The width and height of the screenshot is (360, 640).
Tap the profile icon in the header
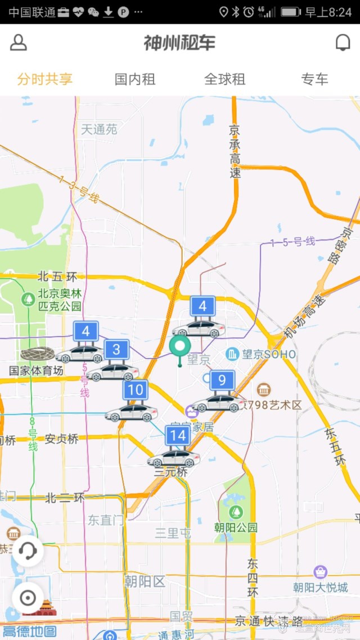click(x=19, y=43)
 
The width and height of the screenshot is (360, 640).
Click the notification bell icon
click(x=343, y=43)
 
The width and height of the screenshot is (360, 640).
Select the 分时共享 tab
click(x=45, y=79)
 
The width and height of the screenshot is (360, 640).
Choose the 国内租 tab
click(x=135, y=79)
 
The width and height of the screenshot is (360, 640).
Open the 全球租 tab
click(x=225, y=79)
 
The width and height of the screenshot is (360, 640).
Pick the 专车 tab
click(x=314, y=79)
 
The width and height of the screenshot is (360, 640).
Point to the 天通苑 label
click(x=99, y=129)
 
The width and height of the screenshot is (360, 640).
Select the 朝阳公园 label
click(x=236, y=527)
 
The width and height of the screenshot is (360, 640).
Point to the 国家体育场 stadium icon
click(x=37, y=354)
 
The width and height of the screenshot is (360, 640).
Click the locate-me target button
click(x=28, y=598)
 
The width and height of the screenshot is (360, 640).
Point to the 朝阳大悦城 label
click(x=320, y=587)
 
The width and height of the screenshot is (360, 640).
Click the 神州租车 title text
click(x=179, y=43)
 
